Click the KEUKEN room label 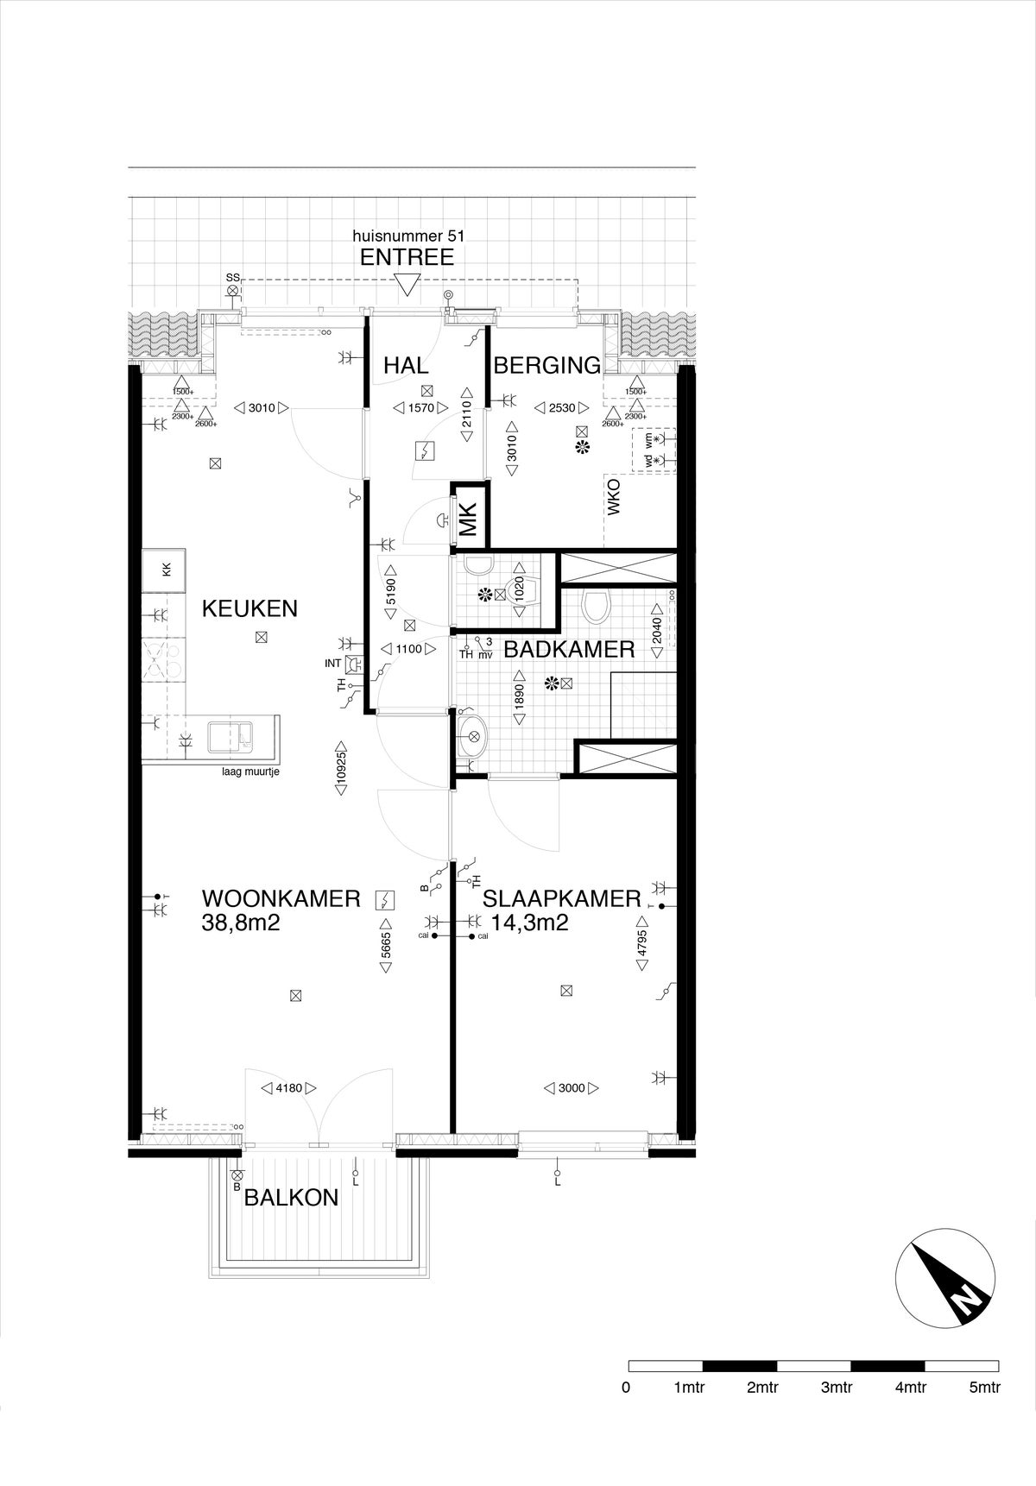coord(250,608)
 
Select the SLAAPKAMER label coord(562,898)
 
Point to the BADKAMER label coord(569,649)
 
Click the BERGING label coord(547,365)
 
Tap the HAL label coord(406,365)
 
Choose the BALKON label coord(291,1197)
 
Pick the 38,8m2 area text coord(242,922)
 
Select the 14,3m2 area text coord(529,922)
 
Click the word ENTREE coord(407,257)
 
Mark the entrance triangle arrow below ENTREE coord(406,285)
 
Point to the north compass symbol coord(945,1285)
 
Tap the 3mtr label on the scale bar coord(836,1388)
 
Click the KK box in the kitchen coord(166,569)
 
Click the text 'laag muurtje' coord(250,771)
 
